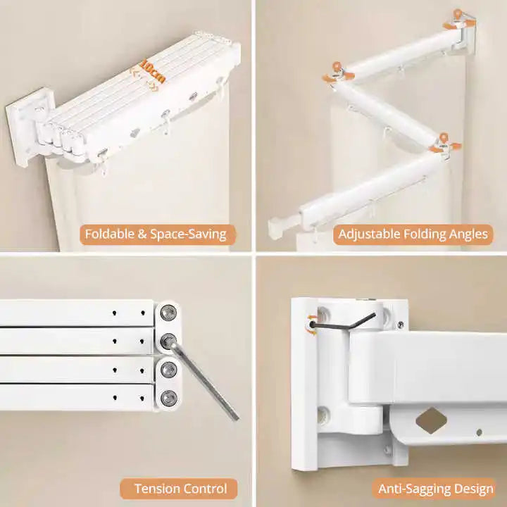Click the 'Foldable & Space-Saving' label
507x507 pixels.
[156, 234]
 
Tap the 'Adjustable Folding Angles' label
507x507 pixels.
[413, 234]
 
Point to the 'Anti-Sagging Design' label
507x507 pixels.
[436, 489]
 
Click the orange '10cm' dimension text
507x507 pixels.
[153, 72]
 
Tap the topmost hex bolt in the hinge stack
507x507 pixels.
[168, 313]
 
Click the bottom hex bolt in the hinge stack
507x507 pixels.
[168, 397]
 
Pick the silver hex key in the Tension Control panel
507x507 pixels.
[204, 380]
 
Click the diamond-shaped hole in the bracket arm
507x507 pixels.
[432, 420]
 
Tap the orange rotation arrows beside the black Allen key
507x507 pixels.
[313, 325]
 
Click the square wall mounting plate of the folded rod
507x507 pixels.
[29, 127]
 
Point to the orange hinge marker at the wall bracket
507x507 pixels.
[459, 20]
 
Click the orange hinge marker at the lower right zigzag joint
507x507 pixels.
[445, 143]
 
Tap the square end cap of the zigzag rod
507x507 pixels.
[277, 227]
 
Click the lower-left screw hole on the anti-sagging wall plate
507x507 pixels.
[323, 415]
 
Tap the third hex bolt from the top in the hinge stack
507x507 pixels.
[168, 369]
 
